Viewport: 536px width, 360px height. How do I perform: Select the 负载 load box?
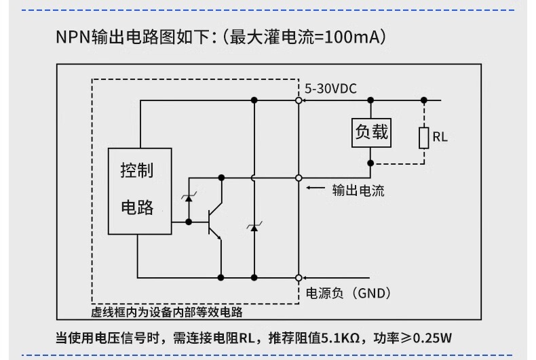371,132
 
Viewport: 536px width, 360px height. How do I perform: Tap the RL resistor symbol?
423,138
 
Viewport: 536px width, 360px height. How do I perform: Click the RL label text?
440,138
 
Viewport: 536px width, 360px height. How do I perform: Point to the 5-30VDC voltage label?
330,89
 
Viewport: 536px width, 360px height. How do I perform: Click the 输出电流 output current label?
358,191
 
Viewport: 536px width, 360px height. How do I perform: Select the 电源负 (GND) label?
348,293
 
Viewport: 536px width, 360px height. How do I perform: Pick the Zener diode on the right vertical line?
254,227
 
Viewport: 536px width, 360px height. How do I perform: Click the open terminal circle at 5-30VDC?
299,101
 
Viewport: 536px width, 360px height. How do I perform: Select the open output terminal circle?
299,178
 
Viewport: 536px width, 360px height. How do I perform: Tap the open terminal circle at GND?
299,277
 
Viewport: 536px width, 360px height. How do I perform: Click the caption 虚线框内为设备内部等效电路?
167,313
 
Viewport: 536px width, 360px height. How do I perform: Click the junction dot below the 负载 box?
371,163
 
